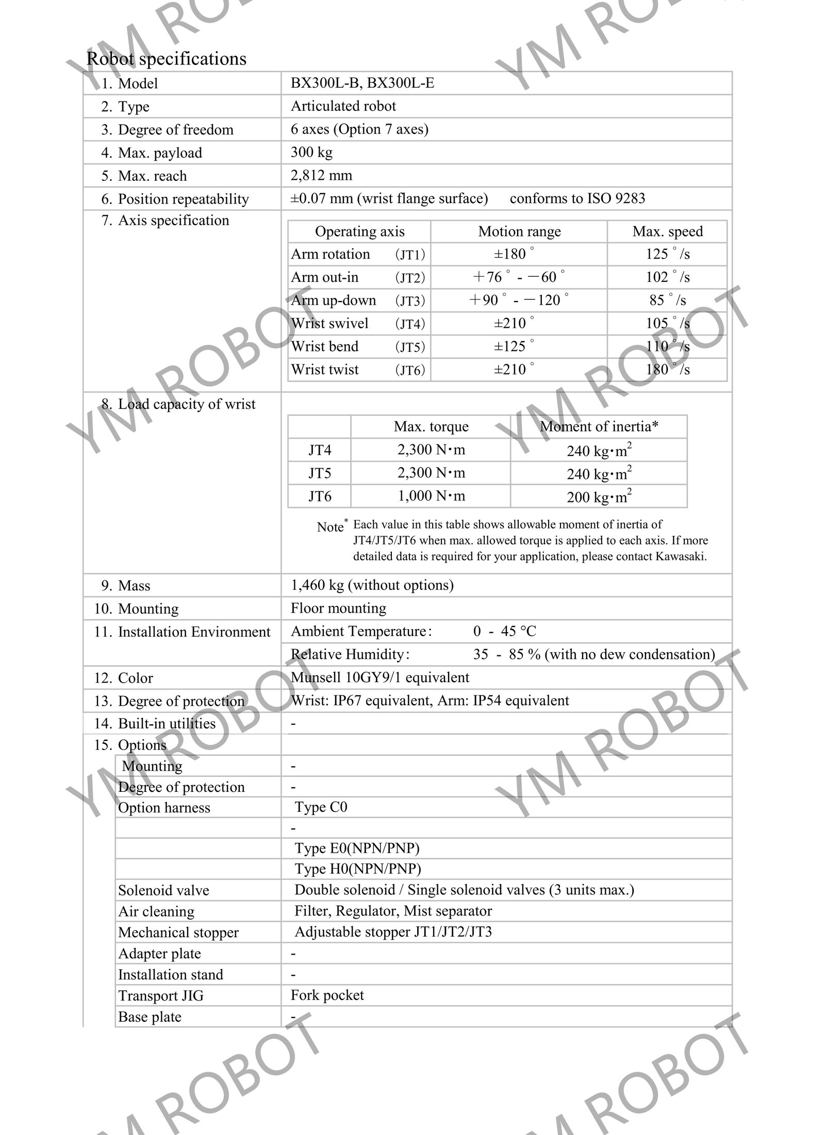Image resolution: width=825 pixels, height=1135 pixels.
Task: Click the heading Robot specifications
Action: [166, 59]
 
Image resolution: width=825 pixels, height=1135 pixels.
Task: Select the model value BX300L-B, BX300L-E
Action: [362, 83]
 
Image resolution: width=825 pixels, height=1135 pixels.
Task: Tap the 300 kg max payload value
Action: [311, 152]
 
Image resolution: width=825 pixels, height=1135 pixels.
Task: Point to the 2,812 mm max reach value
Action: [321, 175]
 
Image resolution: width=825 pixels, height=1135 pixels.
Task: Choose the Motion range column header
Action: [519, 231]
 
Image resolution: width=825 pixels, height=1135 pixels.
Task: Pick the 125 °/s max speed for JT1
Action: [667, 254]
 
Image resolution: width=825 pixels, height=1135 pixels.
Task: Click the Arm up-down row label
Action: [333, 300]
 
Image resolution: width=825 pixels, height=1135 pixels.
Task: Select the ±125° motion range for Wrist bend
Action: [514, 346]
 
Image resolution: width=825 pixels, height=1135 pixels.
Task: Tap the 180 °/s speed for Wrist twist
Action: [667, 369]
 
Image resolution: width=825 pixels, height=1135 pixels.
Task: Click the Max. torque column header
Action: [431, 427]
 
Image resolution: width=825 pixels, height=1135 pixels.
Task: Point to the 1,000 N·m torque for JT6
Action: [431, 496]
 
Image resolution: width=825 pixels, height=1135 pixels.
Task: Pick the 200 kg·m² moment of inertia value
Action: [599, 497]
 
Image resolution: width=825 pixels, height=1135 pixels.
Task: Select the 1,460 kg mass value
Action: [372, 585]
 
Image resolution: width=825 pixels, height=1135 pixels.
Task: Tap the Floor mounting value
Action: [338, 608]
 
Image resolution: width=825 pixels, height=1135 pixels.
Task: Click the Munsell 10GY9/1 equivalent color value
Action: [380, 677]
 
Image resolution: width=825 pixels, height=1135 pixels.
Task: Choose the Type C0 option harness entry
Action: [321, 807]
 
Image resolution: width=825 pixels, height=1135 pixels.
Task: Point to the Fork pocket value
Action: [327, 995]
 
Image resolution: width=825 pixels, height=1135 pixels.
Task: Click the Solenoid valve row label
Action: [163, 890]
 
